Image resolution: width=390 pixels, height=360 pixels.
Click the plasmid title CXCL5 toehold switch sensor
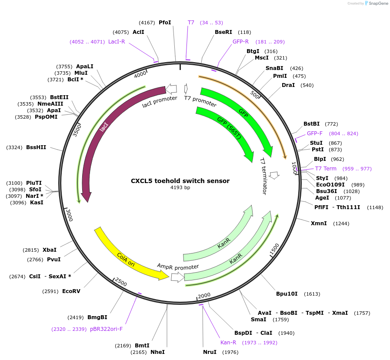(180, 181)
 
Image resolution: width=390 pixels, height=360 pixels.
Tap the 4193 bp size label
(180, 188)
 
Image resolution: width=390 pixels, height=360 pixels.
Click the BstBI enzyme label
(311, 124)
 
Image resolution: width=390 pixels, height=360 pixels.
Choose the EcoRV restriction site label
(71, 291)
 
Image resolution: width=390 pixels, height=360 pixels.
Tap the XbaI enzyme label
(50, 250)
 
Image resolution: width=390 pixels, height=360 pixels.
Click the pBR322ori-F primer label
(107, 329)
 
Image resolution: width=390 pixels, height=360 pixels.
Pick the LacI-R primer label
(117, 42)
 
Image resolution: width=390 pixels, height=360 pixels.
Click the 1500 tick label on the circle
(274, 250)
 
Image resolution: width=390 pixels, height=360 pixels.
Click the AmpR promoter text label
(178, 267)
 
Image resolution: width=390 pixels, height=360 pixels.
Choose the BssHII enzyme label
(36, 147)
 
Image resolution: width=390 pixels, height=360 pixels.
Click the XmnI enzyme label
(319, 223)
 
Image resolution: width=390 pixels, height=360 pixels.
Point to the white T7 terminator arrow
(274, 175)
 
